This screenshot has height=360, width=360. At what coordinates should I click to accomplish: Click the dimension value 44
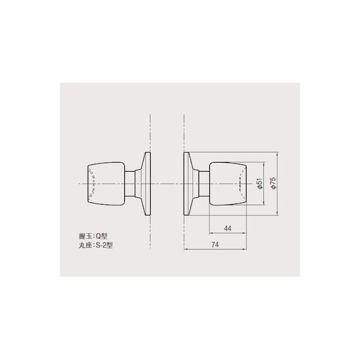[x=227, y=229]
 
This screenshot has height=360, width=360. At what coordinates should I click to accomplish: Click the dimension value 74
[x=215, y=245]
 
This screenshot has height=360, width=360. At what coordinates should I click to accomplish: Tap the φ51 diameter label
[x=260, y=184]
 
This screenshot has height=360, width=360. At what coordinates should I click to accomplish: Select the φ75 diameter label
[x=273, y=183]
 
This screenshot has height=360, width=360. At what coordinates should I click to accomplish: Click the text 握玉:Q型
[x=93, y=236]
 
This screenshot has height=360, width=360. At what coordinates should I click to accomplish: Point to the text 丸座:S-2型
[x=95, y=245]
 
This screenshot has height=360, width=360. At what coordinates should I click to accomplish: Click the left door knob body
[x=106, y=184]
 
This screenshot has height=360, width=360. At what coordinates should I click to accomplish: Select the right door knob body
[x=228, y=184]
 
